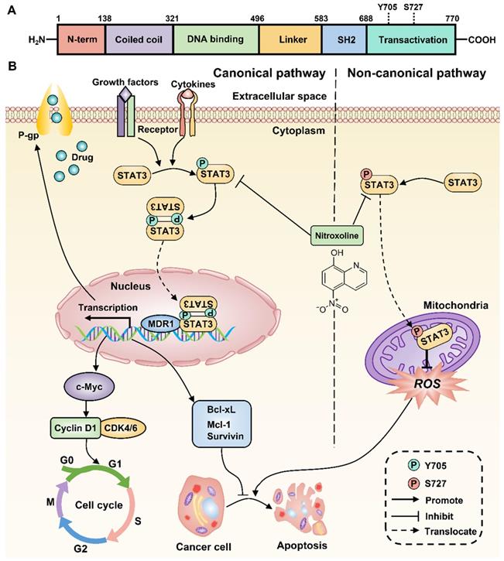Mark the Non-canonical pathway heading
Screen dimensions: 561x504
(x=417, y=74)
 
